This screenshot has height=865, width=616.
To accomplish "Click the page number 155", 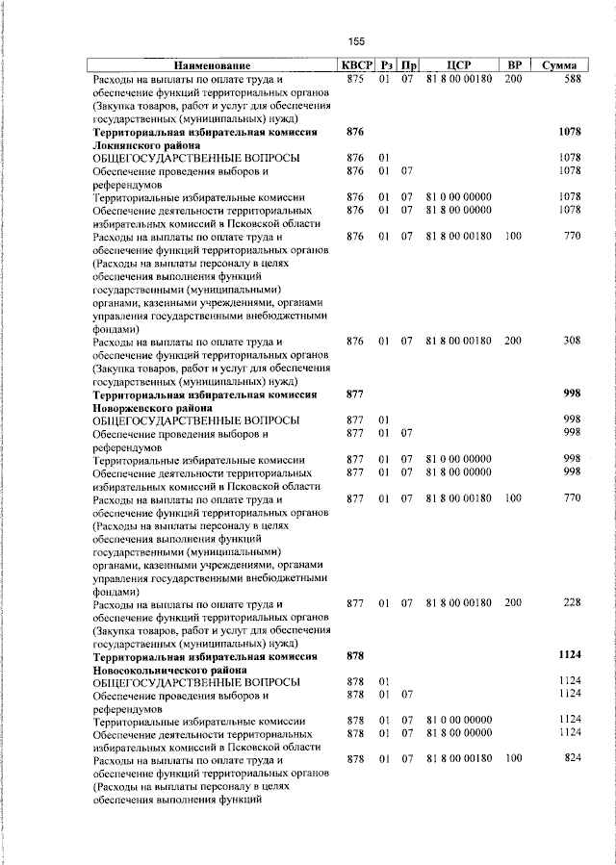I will tap(356, 40).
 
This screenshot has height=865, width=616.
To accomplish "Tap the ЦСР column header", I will tap(458, 64).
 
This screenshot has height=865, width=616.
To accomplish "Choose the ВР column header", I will tap(513, 64).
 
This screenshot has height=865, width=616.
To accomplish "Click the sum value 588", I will tap(572, 79).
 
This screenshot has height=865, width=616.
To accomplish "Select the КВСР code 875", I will tap(354, 79).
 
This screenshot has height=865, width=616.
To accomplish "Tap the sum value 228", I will tap(572, 603).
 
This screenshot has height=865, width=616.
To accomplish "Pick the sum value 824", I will tap(572, 759).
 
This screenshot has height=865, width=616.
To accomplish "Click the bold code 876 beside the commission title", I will tap(354, 131).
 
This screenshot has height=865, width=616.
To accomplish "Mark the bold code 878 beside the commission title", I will tap(354, 655).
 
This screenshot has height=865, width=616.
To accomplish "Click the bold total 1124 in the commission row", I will tap(570, 655).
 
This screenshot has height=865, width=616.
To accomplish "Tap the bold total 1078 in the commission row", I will tap(570, 131).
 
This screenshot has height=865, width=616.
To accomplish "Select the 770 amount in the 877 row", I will tap(572, 498).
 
